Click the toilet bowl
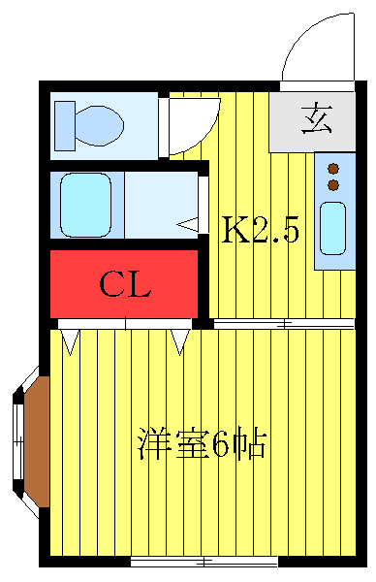(x=98, y=125)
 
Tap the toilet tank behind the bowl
(x=64, y=125)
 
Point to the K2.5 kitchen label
(x=261, y=230)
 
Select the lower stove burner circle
(x=333, y=184)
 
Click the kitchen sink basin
(x=333, y=226)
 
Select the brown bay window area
(x=35, y=440)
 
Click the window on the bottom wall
(x=204, y=562)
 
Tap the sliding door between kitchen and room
(x=281, y=323)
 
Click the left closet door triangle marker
(x=70, y=339)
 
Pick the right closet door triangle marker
(x=179, y=339)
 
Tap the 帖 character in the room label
(x=250, y=446)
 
